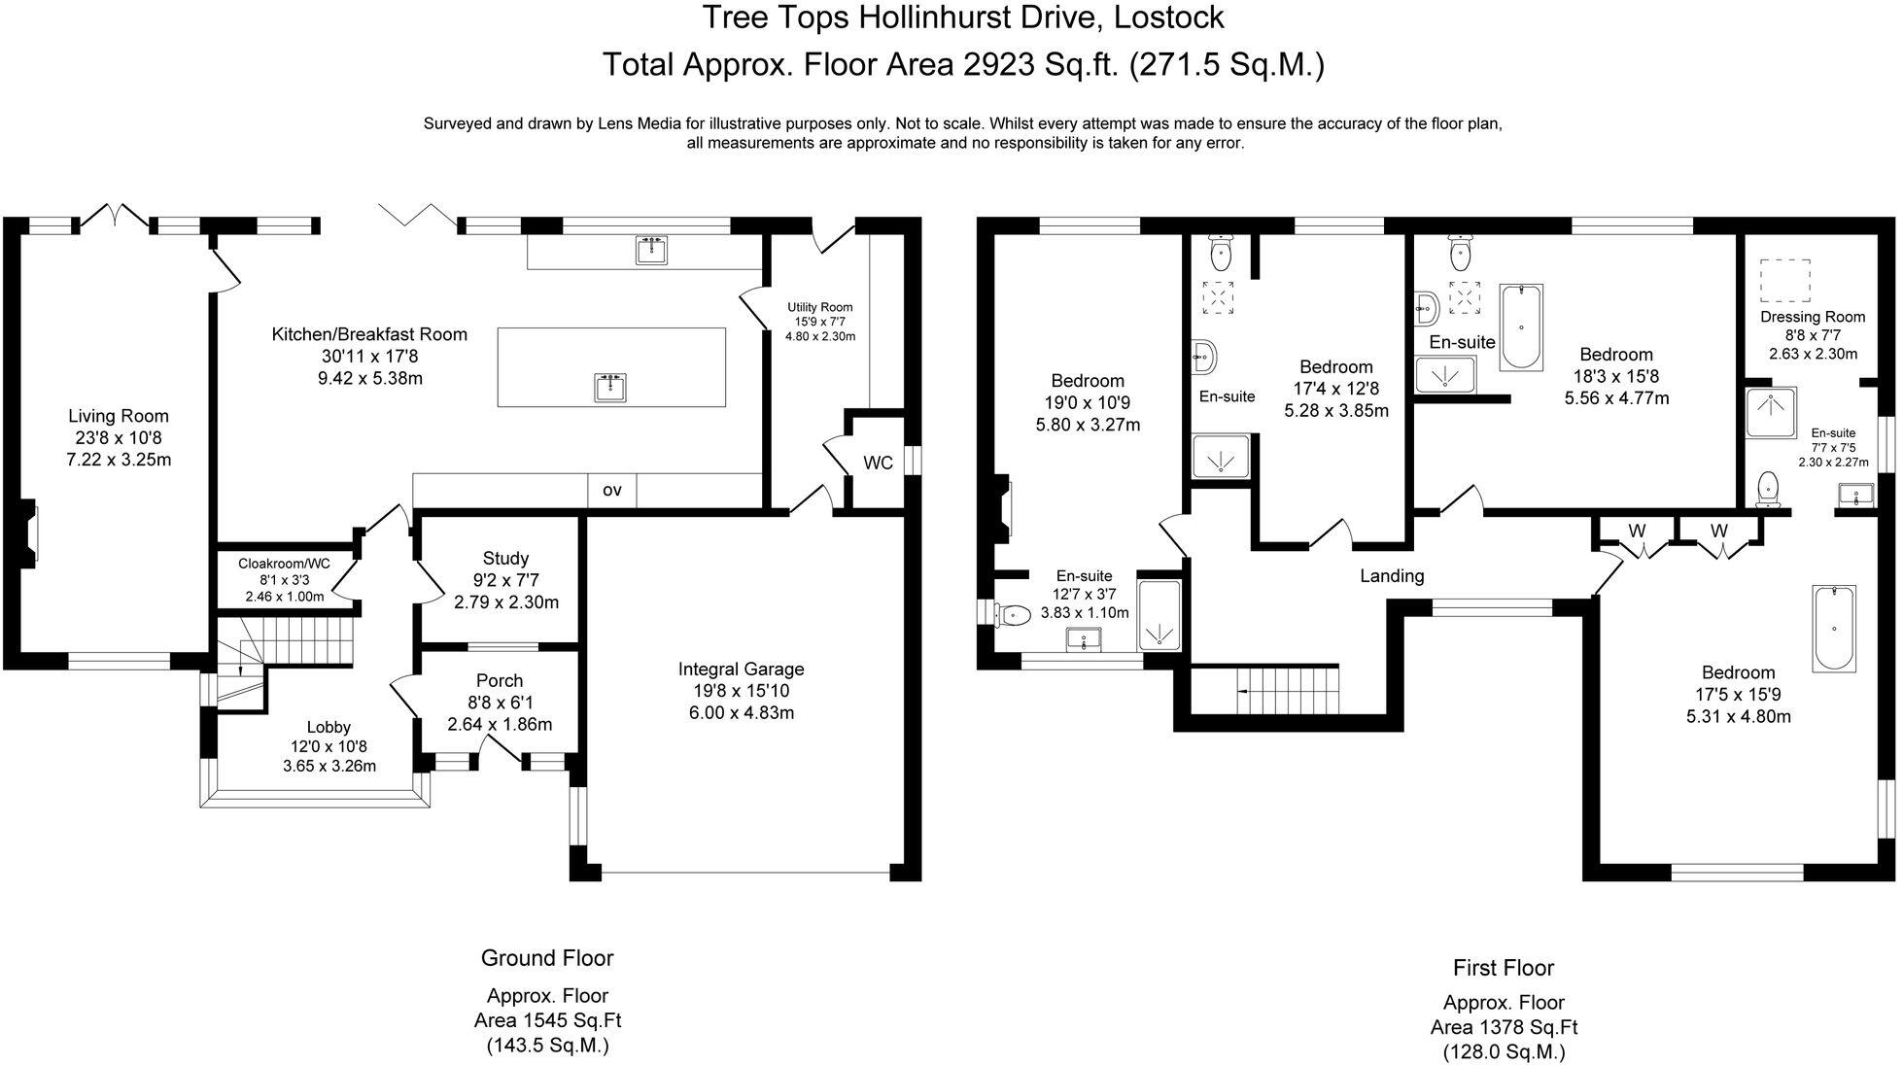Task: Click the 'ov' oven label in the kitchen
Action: (x=611, y=491)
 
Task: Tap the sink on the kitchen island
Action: (x=610, y=387)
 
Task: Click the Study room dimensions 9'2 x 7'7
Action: (x=505, y=580)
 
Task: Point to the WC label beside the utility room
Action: (x=878, y=464)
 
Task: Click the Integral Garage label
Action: (x=741, y=669)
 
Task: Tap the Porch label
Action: (x=500, y=680)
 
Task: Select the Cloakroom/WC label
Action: (x=284, y=563)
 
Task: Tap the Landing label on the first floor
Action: (x=1391, y=575)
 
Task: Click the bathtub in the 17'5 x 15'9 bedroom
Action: (x=1833, y=628)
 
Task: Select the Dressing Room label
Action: (x=1813, y=317)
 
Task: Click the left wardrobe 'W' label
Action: (x=1637, y=531)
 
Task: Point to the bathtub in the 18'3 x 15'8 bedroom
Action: (x=1521, y=326)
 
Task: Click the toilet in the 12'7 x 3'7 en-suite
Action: (x=1014, y=614)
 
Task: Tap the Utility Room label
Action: (x=819, y=307)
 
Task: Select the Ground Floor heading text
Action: (x=547, y=958)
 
